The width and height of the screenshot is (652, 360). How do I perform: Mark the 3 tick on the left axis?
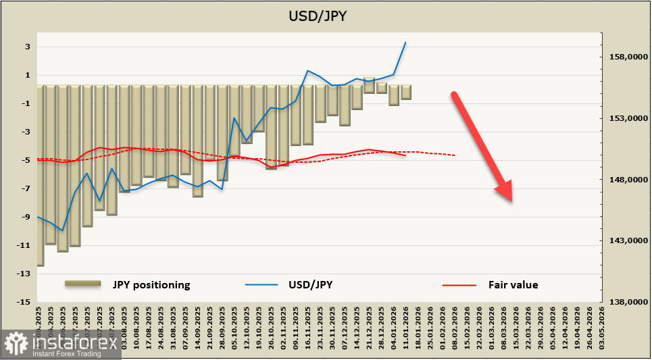coord(27,47)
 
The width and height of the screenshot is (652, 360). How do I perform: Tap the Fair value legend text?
coord(513,285)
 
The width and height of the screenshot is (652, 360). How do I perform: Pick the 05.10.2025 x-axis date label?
coord(233,326)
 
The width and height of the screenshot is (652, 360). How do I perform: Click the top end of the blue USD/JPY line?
coord(405,43)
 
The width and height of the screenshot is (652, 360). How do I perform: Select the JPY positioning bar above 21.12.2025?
coord(369,85)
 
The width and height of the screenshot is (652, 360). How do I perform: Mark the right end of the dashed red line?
coord(455,155)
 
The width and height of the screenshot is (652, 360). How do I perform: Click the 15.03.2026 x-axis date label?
coord(516,326)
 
